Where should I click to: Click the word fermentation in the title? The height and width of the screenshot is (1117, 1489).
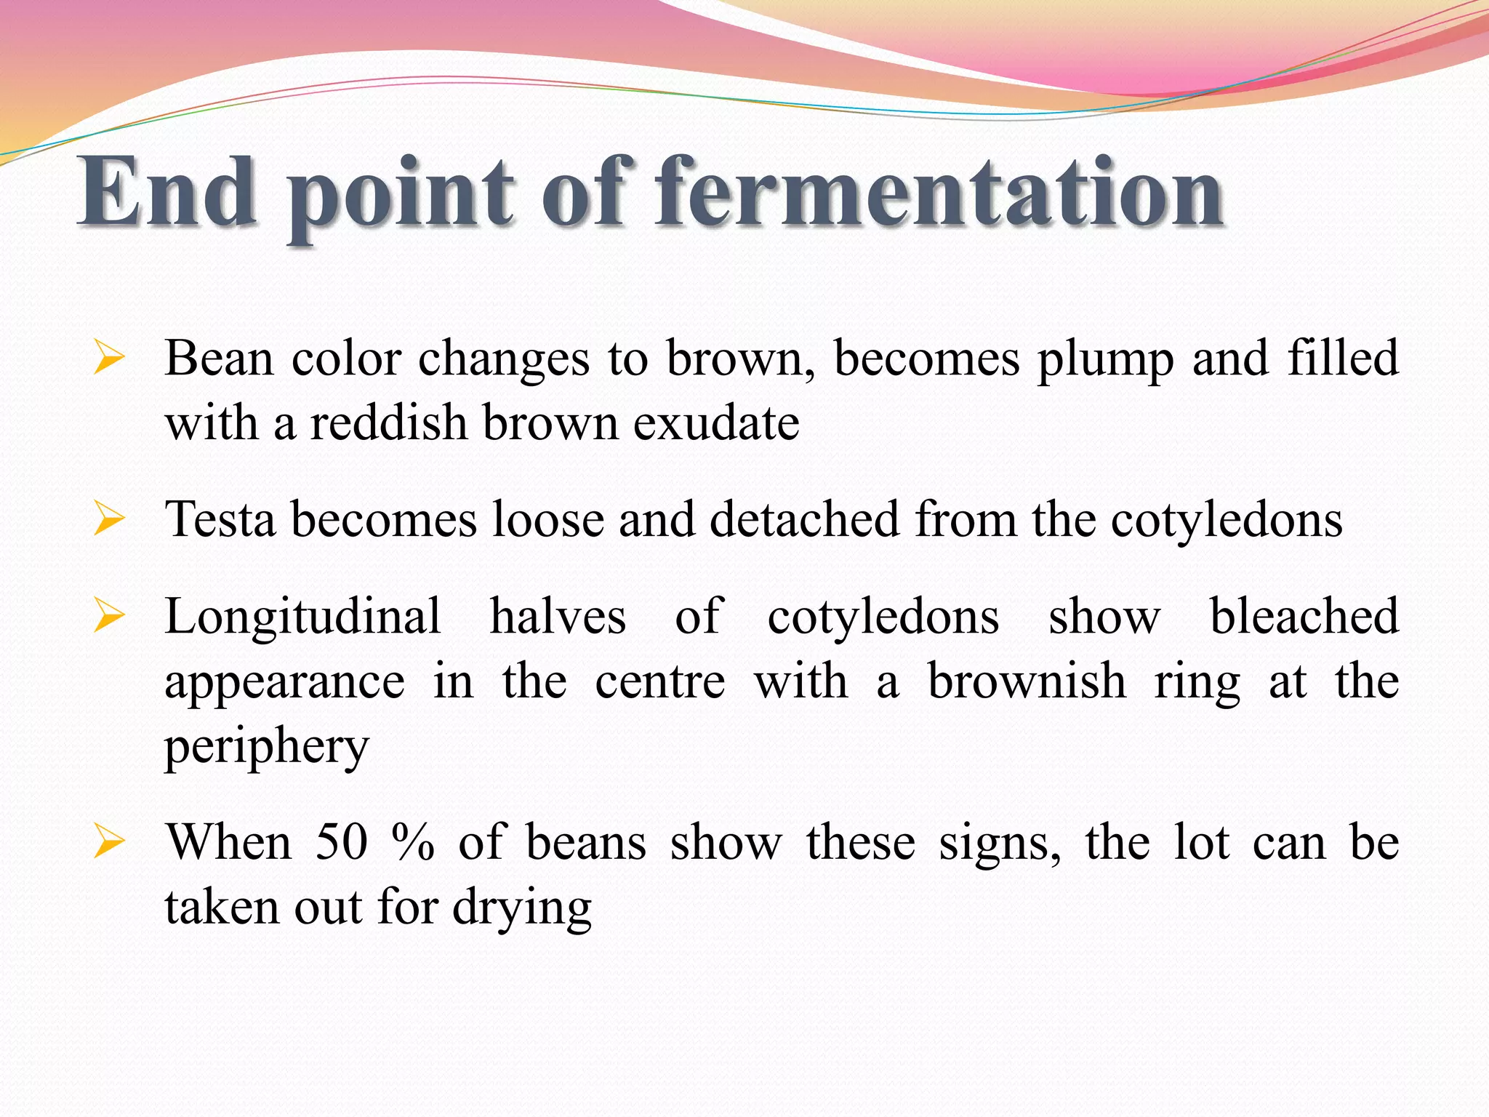coord(939,193)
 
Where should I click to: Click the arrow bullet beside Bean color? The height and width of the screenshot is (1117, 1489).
coord(108,359)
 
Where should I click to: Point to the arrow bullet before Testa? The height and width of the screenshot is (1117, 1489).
coord(108,520)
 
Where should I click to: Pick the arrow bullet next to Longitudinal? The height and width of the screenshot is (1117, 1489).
coord(108,617)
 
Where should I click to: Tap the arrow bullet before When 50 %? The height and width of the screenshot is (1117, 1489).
coord(108,844)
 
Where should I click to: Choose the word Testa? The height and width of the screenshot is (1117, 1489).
coord(220,520)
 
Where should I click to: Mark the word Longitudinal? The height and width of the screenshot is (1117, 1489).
coord(302,617)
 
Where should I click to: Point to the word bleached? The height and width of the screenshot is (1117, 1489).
coord(1304,617)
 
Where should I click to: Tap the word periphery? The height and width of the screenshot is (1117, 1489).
coord(267,748)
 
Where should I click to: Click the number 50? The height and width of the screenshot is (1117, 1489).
coord(342,844)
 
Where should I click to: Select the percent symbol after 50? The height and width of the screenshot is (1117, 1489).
coord(412,844)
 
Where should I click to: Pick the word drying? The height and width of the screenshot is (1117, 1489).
coord(522,909)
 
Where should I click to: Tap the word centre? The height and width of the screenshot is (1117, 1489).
coord(660,682)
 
